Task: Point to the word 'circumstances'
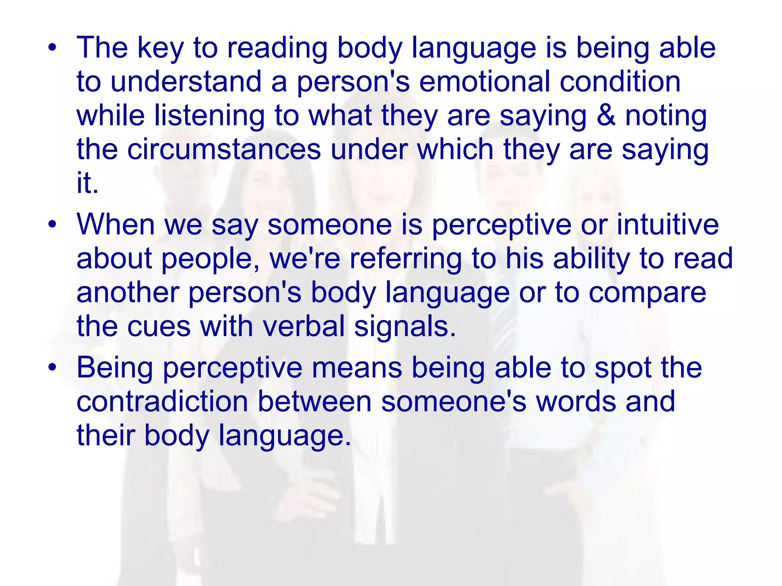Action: (x=224, y=149)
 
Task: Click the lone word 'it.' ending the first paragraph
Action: (x=87, y=183)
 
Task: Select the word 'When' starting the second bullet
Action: (x=116, y=224)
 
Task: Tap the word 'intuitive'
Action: (x=667, y=224)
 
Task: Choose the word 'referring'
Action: (x=406, y=259)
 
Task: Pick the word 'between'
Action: (x=314, y=401)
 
